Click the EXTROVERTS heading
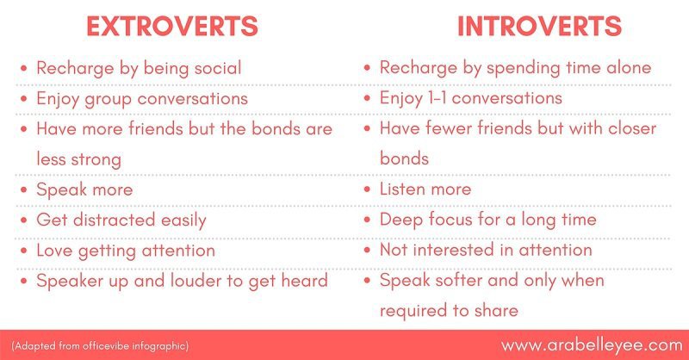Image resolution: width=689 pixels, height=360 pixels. pos(171,26)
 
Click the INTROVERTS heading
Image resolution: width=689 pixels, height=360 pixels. pos(540,26)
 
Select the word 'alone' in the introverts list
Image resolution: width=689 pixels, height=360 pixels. pos(629,67)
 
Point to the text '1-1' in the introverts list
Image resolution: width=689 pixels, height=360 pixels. pos(438,97)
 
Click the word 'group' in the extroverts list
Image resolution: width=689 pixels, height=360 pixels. pos(109,99)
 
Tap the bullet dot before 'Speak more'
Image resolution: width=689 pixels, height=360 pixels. pos(24,189)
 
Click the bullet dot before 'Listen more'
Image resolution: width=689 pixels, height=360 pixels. pos(368,189)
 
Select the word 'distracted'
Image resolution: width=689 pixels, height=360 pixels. pos(115,220)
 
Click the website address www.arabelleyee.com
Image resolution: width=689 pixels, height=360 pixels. pos(592,345)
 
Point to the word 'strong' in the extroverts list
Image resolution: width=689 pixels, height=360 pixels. pos(96,160)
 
